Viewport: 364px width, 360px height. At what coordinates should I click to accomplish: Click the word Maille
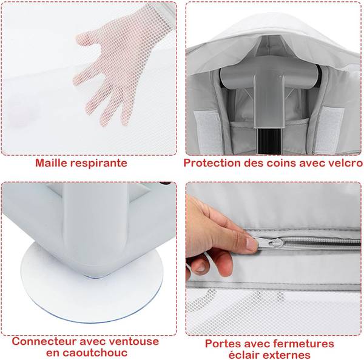tap(52, 162)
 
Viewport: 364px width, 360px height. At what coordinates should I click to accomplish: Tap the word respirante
tap(99, 163)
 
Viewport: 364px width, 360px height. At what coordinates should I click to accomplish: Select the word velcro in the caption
tap(348, 163)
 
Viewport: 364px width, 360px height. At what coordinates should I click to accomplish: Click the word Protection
tap(212, 163)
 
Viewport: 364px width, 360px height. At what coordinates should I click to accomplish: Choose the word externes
tap(288, 355)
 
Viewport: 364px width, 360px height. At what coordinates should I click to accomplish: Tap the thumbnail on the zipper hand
tap(251, 244)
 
